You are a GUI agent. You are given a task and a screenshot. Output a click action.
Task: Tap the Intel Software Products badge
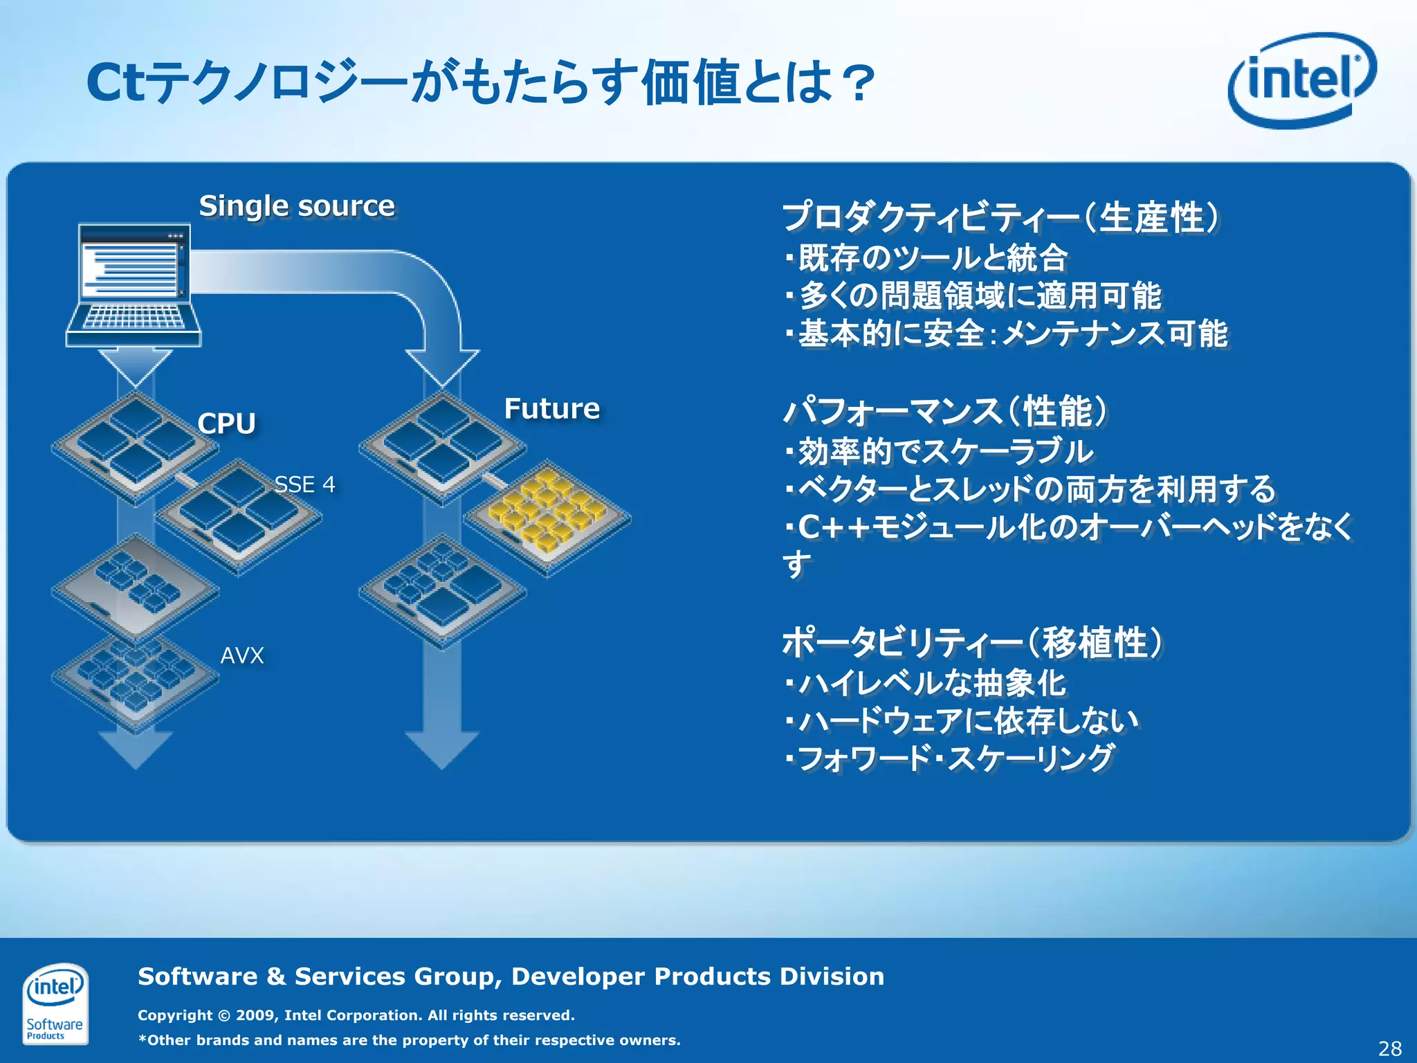point(55,1003)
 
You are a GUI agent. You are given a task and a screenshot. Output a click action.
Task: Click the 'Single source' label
point(297,206)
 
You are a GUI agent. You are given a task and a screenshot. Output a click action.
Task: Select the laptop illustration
point(134,285)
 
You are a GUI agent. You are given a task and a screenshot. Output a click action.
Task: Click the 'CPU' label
point(226,423)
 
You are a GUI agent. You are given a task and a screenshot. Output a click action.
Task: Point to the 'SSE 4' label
point(304,484)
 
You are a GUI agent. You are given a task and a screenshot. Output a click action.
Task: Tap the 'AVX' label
point(242,655)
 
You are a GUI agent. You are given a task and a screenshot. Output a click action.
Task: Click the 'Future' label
point(551,408)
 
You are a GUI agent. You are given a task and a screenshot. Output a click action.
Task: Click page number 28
point(1389,1048)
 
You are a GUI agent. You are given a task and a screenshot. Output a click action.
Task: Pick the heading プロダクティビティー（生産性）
point(1000,217)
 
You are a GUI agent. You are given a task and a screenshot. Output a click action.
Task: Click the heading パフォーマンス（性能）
point(945,411)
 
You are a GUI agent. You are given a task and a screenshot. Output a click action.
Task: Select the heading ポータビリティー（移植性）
point(973,642)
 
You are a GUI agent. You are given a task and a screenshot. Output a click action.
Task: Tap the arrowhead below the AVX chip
point(136,750)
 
